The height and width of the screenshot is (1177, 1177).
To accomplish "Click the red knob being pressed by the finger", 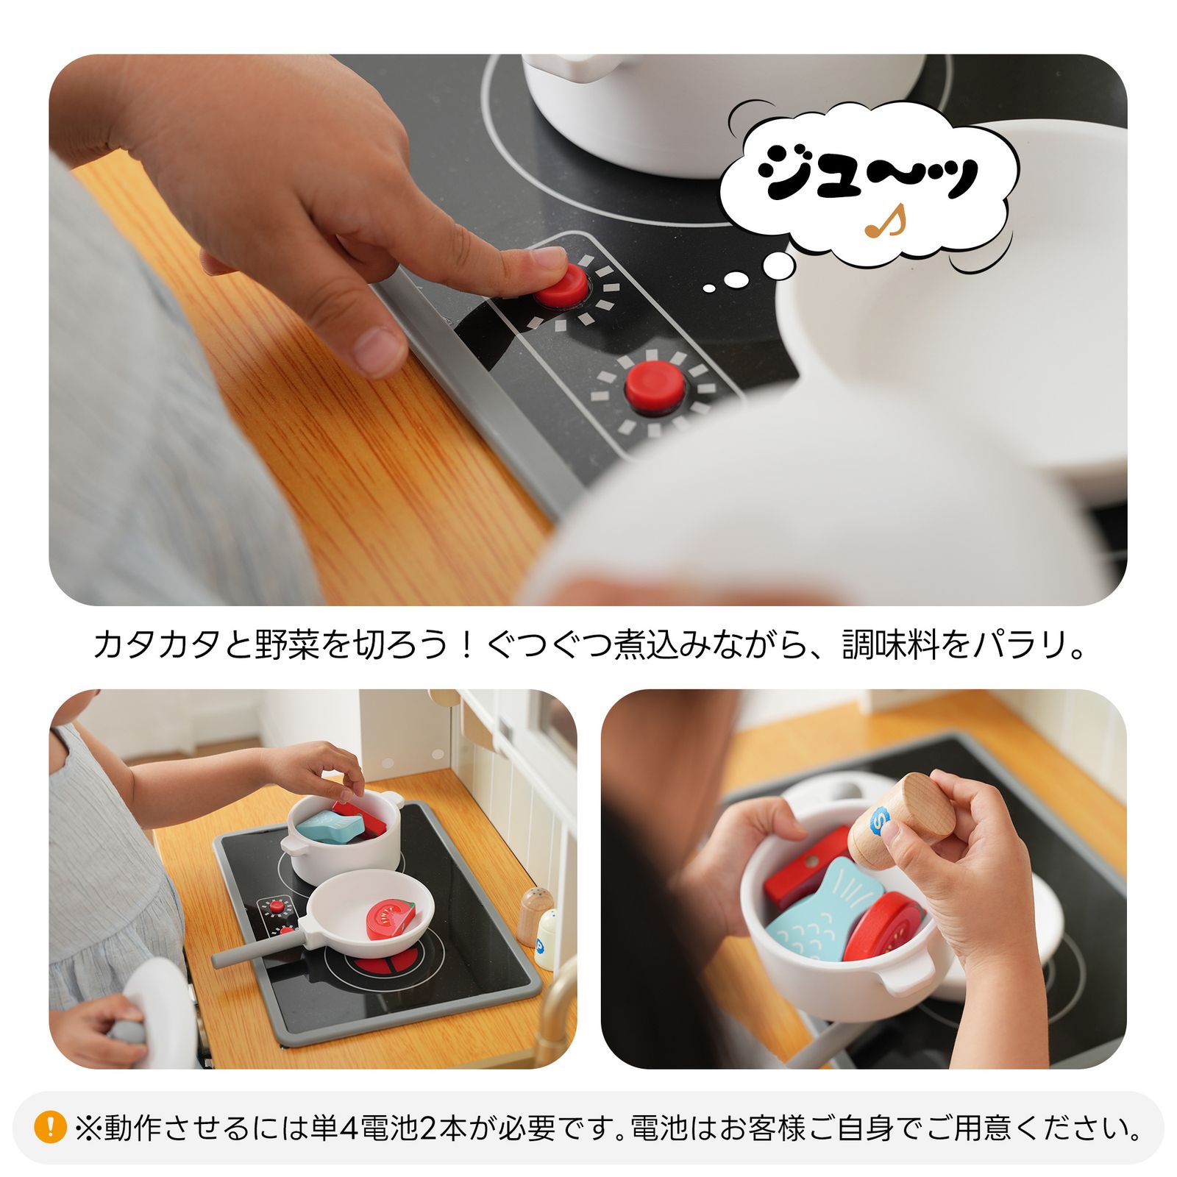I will (x=562, y=285).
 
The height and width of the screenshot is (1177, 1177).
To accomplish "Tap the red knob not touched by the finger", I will (x=654, y=388).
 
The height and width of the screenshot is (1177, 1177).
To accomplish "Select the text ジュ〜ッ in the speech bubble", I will (x=868, y=171).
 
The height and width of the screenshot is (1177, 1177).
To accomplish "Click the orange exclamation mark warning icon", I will (x=50, y=1126).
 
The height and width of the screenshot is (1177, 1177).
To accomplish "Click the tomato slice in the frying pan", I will (x=390, y=920).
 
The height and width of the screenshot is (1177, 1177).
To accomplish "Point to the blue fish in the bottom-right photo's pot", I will (x=824, y=912).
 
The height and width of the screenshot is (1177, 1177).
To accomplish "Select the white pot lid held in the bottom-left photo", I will (x=158, y=1015).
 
